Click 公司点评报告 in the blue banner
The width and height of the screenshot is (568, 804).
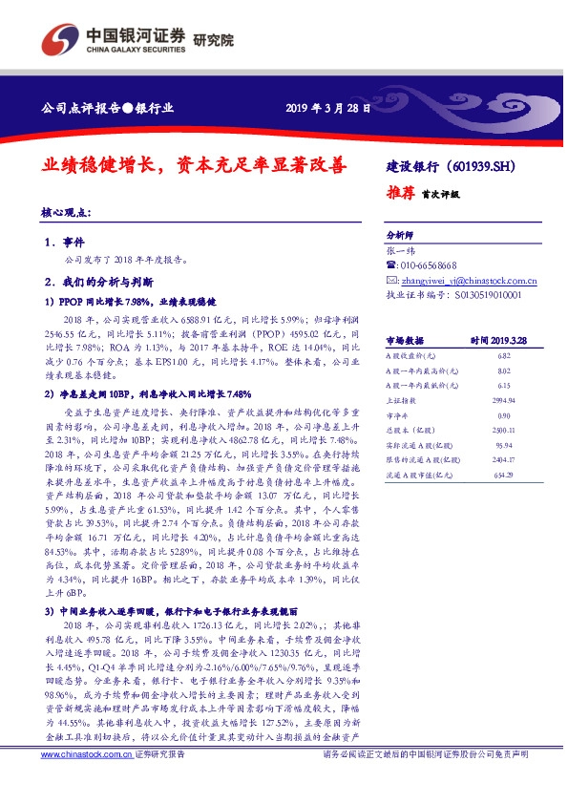[x=75, y=107]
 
